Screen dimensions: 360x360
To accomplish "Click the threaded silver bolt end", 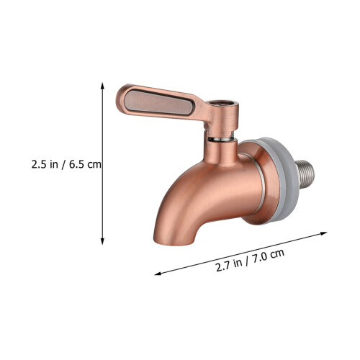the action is [x=305, y=175].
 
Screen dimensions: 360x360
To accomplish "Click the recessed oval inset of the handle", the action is [x=159, y=102].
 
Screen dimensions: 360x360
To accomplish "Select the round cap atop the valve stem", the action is [x=223, y=104].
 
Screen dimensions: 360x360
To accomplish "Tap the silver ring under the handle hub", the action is [x=221, y=139].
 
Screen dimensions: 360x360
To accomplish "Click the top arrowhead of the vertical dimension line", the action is [x=102, y=86].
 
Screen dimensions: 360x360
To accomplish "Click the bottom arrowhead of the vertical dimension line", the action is [x=102, y=241].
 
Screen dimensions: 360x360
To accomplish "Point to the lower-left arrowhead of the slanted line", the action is [x=158, y=274].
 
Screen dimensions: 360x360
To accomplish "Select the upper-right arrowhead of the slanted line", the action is [x=324, y=233].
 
